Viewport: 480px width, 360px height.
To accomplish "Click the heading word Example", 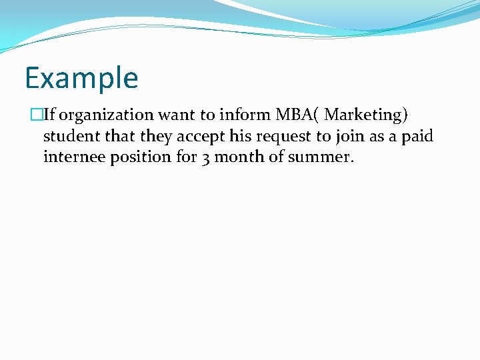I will (81, 78).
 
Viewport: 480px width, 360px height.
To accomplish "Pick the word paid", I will (417, 136).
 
